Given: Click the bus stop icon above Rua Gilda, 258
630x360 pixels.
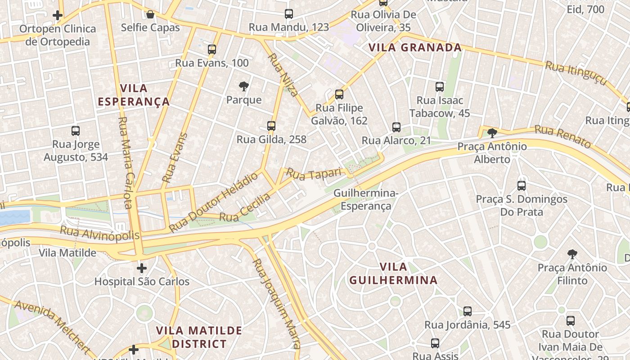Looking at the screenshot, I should tap(271, 126).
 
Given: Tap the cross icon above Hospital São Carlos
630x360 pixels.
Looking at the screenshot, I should tap(142, 269).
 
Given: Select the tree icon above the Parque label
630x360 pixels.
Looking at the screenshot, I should tap(243, 86).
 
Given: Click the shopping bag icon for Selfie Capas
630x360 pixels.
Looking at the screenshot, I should tap(150, 14).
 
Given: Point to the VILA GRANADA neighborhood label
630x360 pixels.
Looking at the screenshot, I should tap(415, 48).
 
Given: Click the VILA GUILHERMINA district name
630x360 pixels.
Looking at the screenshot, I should tap(393, 273).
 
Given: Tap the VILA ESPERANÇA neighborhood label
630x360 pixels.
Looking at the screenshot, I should tap(134, 95).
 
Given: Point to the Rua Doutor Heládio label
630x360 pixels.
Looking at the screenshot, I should tap(214, 202).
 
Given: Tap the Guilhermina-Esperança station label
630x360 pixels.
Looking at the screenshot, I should tap(366, 200).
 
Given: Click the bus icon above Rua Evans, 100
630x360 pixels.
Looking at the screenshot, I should tap(212, 49).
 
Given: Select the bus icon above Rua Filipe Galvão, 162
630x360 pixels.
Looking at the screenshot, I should tap(339, 94).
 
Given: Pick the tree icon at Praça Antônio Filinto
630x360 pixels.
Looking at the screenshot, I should tap(572, 255).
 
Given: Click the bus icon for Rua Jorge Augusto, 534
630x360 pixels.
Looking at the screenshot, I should tap(76, 131).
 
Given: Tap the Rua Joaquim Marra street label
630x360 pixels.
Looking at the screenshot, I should tap(276, 304).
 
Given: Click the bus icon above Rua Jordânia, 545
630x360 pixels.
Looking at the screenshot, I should tap(468, 311).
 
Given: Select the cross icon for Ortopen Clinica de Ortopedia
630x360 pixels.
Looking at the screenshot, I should tap(58, 15).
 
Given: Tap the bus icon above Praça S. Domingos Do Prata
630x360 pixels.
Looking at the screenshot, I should tap(522, 185).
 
